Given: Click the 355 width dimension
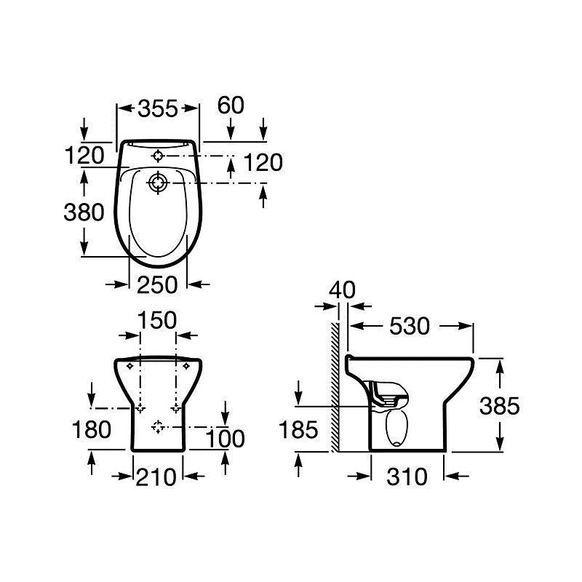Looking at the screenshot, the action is [158, 108].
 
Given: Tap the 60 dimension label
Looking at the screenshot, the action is [231, 105].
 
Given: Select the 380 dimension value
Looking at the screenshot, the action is [84, 212].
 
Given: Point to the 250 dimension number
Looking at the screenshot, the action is [157, 285].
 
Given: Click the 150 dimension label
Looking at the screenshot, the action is [157, 320].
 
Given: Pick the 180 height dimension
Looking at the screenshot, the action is [92, 429].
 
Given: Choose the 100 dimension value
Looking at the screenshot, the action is [225, 439].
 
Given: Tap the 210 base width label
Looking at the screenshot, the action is [156, 477].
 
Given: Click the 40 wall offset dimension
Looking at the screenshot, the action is [342, 290].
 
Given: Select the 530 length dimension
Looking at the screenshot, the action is [410, 326].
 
